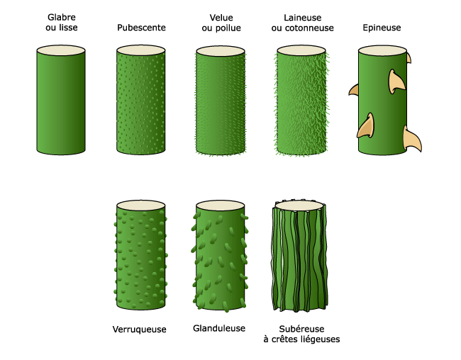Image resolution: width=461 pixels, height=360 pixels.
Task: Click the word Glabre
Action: click(x=61, y=16)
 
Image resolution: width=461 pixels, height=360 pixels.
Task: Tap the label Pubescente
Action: click(x=141, y=28)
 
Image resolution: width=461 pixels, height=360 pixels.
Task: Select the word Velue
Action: click(x=221, y=16)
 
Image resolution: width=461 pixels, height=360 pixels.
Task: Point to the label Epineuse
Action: click(x=382, y=28)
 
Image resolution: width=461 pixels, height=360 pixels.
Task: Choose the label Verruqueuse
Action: click(x=139, y=330)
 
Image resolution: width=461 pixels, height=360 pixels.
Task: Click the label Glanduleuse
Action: click(x=219, y=329)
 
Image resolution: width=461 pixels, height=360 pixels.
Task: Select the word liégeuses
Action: click(x=317, y=340)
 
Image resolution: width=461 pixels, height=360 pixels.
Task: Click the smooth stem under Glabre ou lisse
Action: click(x=61, y=103)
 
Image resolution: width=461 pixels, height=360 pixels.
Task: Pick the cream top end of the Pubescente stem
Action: click(x=141, y=50)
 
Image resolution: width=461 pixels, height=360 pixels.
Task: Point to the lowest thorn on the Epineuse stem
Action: click(x=411, y=140)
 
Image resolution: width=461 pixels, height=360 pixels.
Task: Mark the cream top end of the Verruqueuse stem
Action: click(x=141, y=206)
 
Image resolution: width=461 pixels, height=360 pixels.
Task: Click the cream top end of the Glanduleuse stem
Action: click(x=221, y=206)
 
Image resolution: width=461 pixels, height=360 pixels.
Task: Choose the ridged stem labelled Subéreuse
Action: click(x=301, y=259)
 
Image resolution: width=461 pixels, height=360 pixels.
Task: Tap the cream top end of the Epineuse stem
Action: click(x=382, y=50)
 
